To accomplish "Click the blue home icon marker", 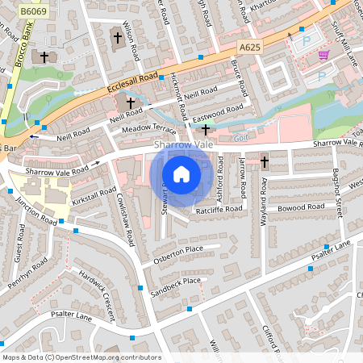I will click(x=181, y=174).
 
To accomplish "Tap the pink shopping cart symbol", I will click(x=323, y=55).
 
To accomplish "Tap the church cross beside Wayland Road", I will click(x=265, y=161).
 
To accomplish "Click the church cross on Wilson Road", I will click(x=117, y=37).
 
